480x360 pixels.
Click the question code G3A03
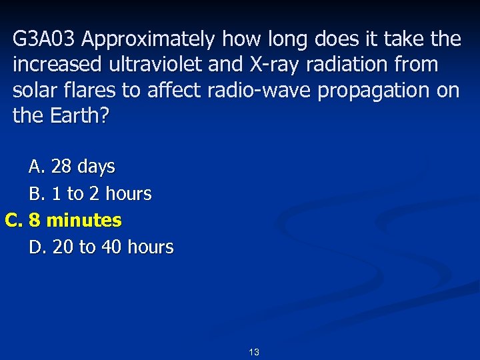point(45,40)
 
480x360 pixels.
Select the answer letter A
point(36,166)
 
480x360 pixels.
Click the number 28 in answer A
point(61,166)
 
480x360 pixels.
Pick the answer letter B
point(36,194)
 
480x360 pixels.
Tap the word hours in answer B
point(129,194)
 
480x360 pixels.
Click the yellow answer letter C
point(14,220)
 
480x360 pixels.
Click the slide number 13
point(253,352)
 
